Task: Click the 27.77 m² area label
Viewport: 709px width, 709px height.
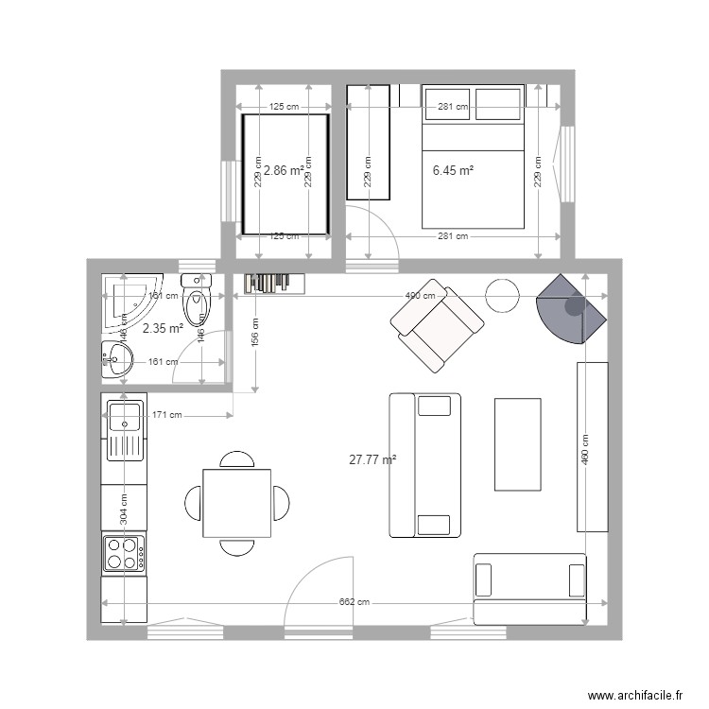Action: [x=372, y=460]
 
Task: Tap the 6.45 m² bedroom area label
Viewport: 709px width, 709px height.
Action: [x=453, y=171]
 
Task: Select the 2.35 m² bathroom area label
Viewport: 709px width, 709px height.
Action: [x=163, y=329]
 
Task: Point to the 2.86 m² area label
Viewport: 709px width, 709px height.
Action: [x=284, y=171]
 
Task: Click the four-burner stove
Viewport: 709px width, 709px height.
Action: [x=124, y=553]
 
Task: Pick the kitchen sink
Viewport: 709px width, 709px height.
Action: [x=125, y=429]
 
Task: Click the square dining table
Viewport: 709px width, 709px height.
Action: [x=236, y=503]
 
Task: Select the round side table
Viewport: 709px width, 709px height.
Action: [x=503, y=296]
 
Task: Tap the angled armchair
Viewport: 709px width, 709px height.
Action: [x=437, y=325]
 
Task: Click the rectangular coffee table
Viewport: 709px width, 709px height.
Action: [x=518, y=444]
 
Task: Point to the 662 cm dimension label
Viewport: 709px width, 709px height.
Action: [x=354, y=603]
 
